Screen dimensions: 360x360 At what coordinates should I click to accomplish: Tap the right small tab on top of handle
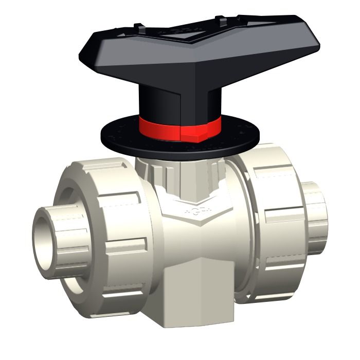coord(222,21)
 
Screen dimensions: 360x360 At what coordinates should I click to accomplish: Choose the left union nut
coord(103,231)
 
